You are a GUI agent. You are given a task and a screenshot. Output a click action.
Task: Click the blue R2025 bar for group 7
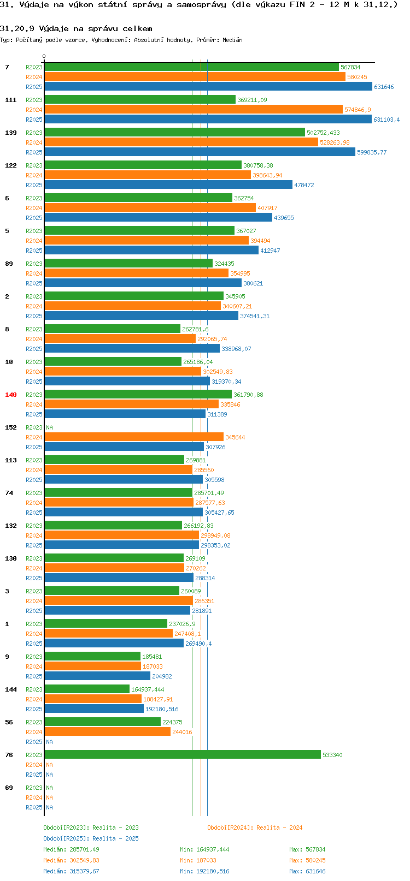[208, 87]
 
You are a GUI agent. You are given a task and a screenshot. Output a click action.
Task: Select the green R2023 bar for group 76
[182, 755]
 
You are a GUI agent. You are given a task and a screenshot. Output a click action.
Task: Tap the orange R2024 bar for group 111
[193, 110]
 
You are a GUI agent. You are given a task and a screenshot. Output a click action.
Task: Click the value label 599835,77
[372, 152]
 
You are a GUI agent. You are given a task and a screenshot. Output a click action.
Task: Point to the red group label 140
[11, 395]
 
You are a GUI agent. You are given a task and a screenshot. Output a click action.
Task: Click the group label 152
[11, 427]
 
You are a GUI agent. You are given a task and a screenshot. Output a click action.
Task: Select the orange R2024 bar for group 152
[134, 437]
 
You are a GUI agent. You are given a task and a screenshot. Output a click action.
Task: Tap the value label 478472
[304, 185]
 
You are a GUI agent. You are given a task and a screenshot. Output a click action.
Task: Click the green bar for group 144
[87, 689]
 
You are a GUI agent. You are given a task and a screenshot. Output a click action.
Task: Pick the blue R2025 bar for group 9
[97, 676]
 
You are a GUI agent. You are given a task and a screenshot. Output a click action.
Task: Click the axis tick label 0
[44, 56]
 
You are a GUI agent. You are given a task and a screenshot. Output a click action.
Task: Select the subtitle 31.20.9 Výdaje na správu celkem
[76, 28]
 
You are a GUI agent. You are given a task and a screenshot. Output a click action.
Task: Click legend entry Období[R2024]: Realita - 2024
[255, 828]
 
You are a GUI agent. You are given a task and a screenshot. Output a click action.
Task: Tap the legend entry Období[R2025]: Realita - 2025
[91, 838]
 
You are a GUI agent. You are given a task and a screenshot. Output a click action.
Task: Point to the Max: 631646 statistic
[307, 871]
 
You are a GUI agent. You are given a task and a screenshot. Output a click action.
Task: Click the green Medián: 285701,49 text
[71, 849]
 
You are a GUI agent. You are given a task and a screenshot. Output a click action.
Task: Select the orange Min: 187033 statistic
[198, 860]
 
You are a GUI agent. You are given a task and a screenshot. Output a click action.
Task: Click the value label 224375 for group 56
[172, 722]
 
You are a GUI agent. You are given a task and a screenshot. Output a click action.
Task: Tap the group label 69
[9, 788]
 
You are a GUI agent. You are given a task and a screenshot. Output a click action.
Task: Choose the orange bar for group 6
[150, 208]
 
